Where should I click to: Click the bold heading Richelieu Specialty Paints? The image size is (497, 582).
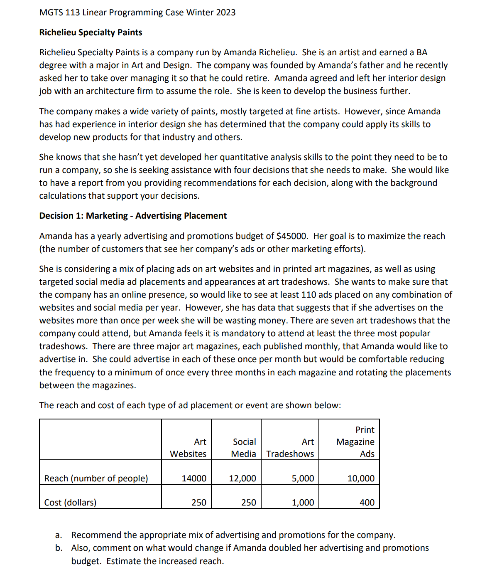(x=91, y=32)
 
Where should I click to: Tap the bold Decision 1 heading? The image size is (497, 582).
(x=133, y=216)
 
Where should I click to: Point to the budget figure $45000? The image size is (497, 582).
(x=292, y=236)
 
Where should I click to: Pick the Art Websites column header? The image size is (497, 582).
(x=188, y=448)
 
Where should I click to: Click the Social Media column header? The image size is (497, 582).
(x=244, y=448)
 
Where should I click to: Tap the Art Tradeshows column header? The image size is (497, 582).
(x=290, y=448)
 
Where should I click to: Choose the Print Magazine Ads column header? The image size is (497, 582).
(x=355, y=442)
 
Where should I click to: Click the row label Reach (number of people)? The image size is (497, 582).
(x=96, y=478)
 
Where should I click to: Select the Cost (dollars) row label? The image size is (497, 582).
(x=70, y=503)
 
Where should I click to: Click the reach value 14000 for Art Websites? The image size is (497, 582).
(x=194, y=478)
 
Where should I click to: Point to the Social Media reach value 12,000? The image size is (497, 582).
(x=242, y=478)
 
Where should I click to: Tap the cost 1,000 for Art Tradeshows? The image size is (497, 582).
(x=303, y=503)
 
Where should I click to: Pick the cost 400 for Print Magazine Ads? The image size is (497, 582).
(x=367, y=503)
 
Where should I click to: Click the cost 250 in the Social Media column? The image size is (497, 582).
(x=248, y=503)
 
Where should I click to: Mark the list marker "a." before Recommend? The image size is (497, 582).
(x=59, y=535)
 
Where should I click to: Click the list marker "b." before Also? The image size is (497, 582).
(x=59, y=548)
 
